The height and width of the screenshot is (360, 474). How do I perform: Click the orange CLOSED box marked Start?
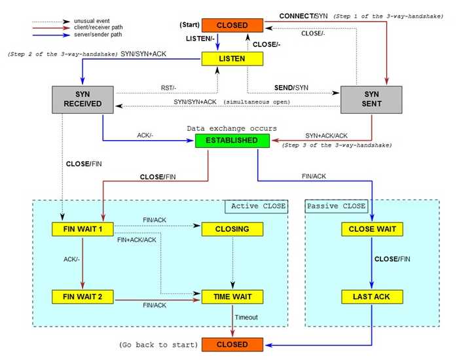(x=232, y=26)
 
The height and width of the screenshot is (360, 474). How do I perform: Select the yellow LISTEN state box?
(x=232, y=59)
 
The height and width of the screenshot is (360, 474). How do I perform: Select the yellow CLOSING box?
(x=232, y=229)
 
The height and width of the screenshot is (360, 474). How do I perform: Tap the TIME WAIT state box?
(x=232, y=297)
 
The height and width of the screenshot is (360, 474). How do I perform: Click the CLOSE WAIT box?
(x=372, y=229)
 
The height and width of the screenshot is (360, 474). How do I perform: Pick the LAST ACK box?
(x=372, y=297)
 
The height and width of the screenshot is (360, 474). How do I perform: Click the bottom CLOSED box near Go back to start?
(x=232, y=344)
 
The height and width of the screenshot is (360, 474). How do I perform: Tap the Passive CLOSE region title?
(x=336, y=206)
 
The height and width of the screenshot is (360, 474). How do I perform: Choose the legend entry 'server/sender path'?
(x=98, y=35)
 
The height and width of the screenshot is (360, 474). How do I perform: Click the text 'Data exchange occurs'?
(x=232, y=128)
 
